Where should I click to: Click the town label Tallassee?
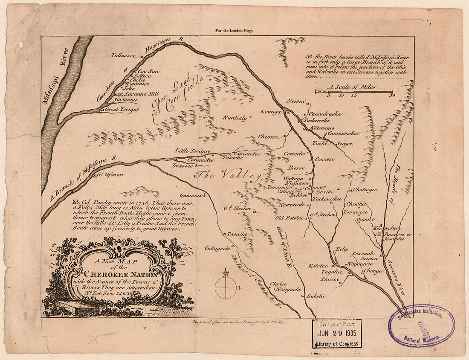pos(123,55)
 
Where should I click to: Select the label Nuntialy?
pos(234,118)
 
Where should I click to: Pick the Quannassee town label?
pos(193,195)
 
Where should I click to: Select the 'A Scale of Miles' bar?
pos(354,91)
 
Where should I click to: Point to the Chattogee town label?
pos(365,190)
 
